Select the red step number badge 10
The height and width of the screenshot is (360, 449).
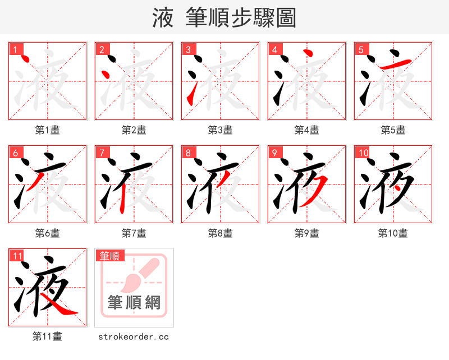363,153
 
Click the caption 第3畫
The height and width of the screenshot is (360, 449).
220,130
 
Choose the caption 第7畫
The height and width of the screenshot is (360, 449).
134,233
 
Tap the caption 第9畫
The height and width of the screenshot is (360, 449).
306,233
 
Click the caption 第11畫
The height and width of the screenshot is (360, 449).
47,336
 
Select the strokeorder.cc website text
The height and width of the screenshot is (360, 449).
134,336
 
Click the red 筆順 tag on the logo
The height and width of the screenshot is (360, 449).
109,256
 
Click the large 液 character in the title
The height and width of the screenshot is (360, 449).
163,18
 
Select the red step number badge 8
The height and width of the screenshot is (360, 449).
189,153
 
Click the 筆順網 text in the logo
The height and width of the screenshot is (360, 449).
134,303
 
